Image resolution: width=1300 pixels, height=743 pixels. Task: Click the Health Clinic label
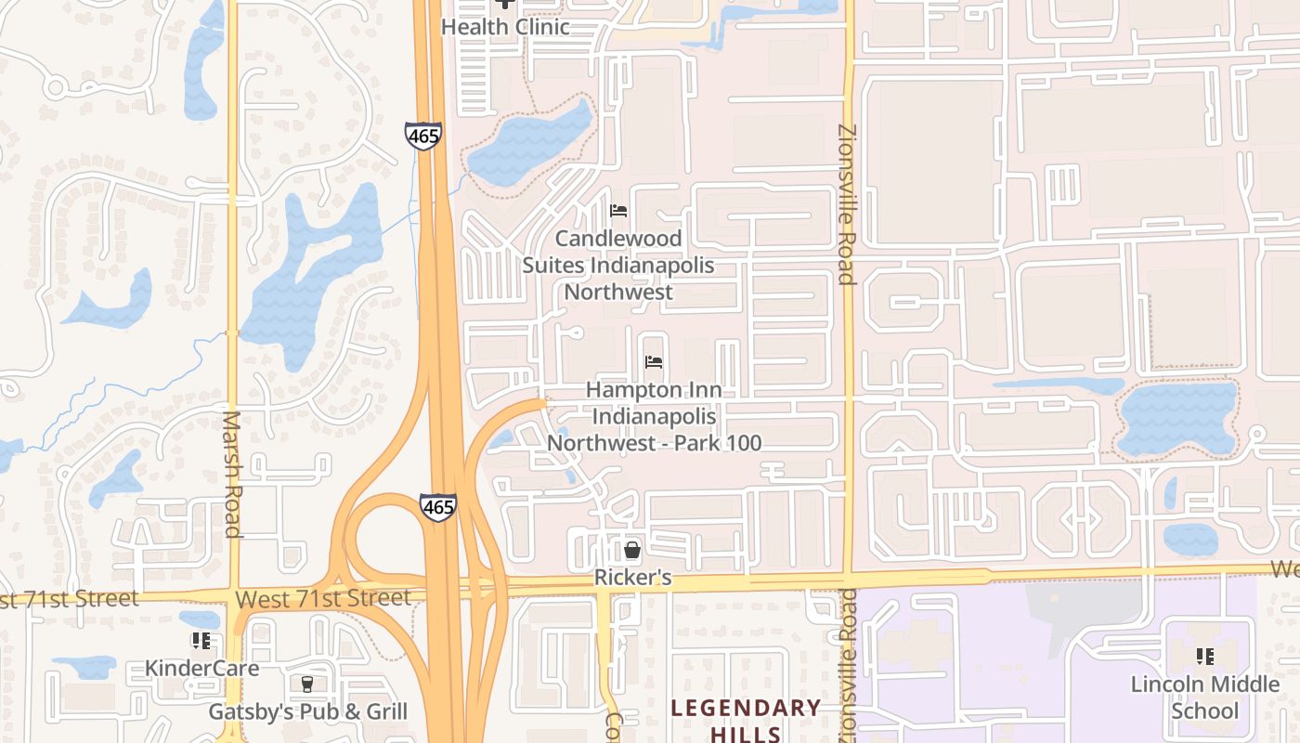point(504,26)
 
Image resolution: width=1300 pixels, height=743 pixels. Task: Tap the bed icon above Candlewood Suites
point(618,211)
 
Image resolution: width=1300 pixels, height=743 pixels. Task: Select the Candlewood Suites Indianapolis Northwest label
point(618,265)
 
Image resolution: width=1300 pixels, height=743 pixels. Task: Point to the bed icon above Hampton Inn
point(654,362)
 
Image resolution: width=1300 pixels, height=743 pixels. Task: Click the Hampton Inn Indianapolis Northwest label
point(654,416)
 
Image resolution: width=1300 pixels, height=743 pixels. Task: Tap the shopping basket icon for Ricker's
point(632,551)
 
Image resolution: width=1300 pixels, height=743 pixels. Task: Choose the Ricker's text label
point(632,578)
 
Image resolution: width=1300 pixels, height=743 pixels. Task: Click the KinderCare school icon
point(201,641)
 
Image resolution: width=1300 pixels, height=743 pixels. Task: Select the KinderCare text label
point(201,668)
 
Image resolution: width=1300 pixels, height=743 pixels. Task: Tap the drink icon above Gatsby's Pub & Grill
point(307,684)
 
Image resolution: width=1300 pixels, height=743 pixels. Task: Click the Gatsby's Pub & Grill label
point(307,712)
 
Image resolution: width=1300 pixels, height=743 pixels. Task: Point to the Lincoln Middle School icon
point(1205,658)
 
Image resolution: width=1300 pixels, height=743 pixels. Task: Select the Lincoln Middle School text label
point(1205,697)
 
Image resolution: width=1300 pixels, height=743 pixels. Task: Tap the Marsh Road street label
point(232,474)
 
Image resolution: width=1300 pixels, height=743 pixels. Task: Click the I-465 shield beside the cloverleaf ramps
point(437,507)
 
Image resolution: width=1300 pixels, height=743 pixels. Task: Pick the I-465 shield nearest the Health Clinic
point(422,136)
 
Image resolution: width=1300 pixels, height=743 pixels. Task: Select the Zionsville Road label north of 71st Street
point(845,204)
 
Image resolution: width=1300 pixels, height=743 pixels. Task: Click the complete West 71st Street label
point(322,599)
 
